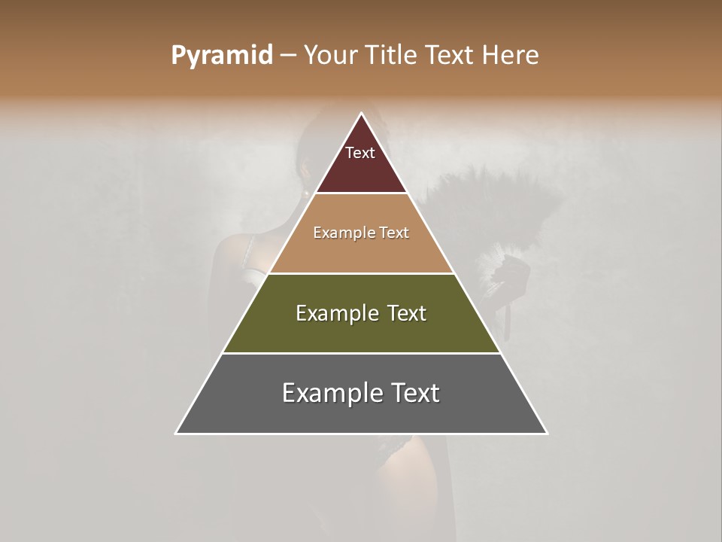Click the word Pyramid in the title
(x=222, y=56)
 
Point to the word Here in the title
(x=510, y=56)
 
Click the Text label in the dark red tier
(x=360, y=154)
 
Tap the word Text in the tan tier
(x=393, y=233)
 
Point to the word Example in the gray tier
(x=327, y=394)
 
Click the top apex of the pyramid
(x=362, y=114)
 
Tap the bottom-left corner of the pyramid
(x=177, y=433)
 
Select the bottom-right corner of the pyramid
(x=547, y=433)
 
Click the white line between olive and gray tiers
(x=362, y=353)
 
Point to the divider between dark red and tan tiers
(x=362, y=193)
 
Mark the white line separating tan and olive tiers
(x=362, y=273)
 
